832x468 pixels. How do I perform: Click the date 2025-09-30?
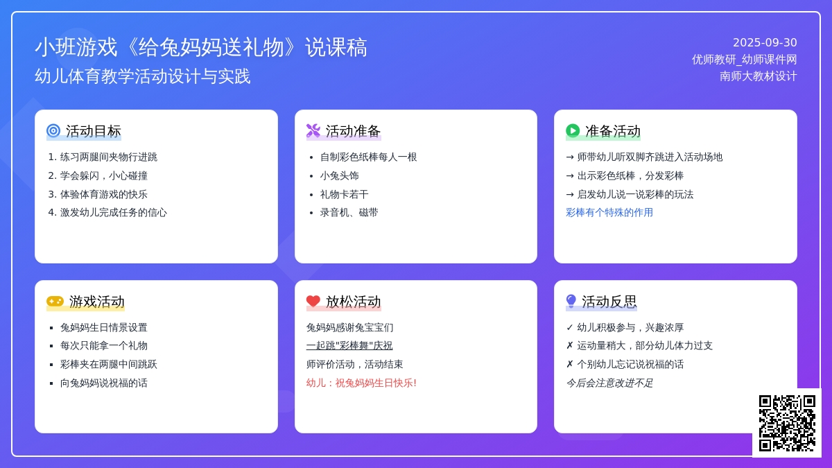765,43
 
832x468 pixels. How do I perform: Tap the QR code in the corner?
787,423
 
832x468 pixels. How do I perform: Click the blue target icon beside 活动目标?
53,131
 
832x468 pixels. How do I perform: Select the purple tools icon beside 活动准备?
313,131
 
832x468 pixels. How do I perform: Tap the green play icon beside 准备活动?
573,131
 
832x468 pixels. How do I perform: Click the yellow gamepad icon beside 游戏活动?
55,301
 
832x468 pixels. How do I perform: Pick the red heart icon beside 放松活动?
313,301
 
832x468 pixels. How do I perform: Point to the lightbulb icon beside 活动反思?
571,301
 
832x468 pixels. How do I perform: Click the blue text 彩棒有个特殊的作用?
609,212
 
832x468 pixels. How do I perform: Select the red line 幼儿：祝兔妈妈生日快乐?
361,383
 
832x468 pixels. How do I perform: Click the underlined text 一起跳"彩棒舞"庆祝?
349,345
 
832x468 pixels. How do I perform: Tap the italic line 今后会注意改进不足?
609,383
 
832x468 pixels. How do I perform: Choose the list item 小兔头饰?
339,175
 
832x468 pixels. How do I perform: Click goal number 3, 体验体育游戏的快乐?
98,194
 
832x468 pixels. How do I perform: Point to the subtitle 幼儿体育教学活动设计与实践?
143,76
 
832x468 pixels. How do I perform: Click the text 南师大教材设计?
758,76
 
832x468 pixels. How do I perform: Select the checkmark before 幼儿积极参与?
570,327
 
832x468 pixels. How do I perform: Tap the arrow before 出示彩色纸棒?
570,175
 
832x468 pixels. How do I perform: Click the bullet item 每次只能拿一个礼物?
103,346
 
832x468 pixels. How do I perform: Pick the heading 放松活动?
353,302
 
